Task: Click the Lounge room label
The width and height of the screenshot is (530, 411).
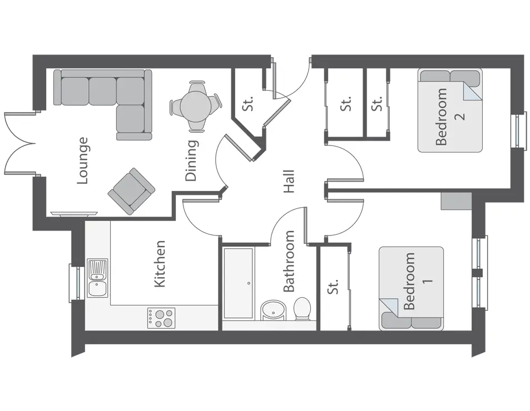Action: [x=83, y=161]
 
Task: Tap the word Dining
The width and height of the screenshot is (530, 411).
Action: [x=191, y=161]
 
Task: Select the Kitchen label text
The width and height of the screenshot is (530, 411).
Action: [x=160, y=264]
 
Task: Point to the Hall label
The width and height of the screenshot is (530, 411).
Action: [x=289, y=182]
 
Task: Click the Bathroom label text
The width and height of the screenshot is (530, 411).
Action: [x=289, y=262]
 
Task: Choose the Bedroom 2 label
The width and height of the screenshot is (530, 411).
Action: [x=449, y=117]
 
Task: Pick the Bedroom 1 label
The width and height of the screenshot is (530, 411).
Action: [x=418, y=281]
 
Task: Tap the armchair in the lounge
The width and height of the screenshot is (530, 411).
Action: [x=131, y=191]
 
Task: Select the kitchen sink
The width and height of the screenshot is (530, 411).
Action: [x=97, y=278]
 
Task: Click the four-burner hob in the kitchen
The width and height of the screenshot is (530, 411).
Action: [x=161, y=318]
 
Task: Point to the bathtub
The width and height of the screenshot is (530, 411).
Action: [x=238, y=283]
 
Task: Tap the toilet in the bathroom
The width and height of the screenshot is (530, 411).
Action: [x=302, y=309]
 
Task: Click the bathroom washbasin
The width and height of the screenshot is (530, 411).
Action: [x=273, y=310]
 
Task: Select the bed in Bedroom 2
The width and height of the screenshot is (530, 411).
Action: [x=450, y=111]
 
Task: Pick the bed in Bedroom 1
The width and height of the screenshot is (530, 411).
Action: [x=411, y=288]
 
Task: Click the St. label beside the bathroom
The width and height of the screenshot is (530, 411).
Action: [x=333, y=287]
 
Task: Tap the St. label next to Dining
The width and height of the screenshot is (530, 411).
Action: [x=248, y=103]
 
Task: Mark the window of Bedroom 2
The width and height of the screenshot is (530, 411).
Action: [x=519, y=131]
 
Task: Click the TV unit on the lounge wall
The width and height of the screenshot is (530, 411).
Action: [x=74, y=213]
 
